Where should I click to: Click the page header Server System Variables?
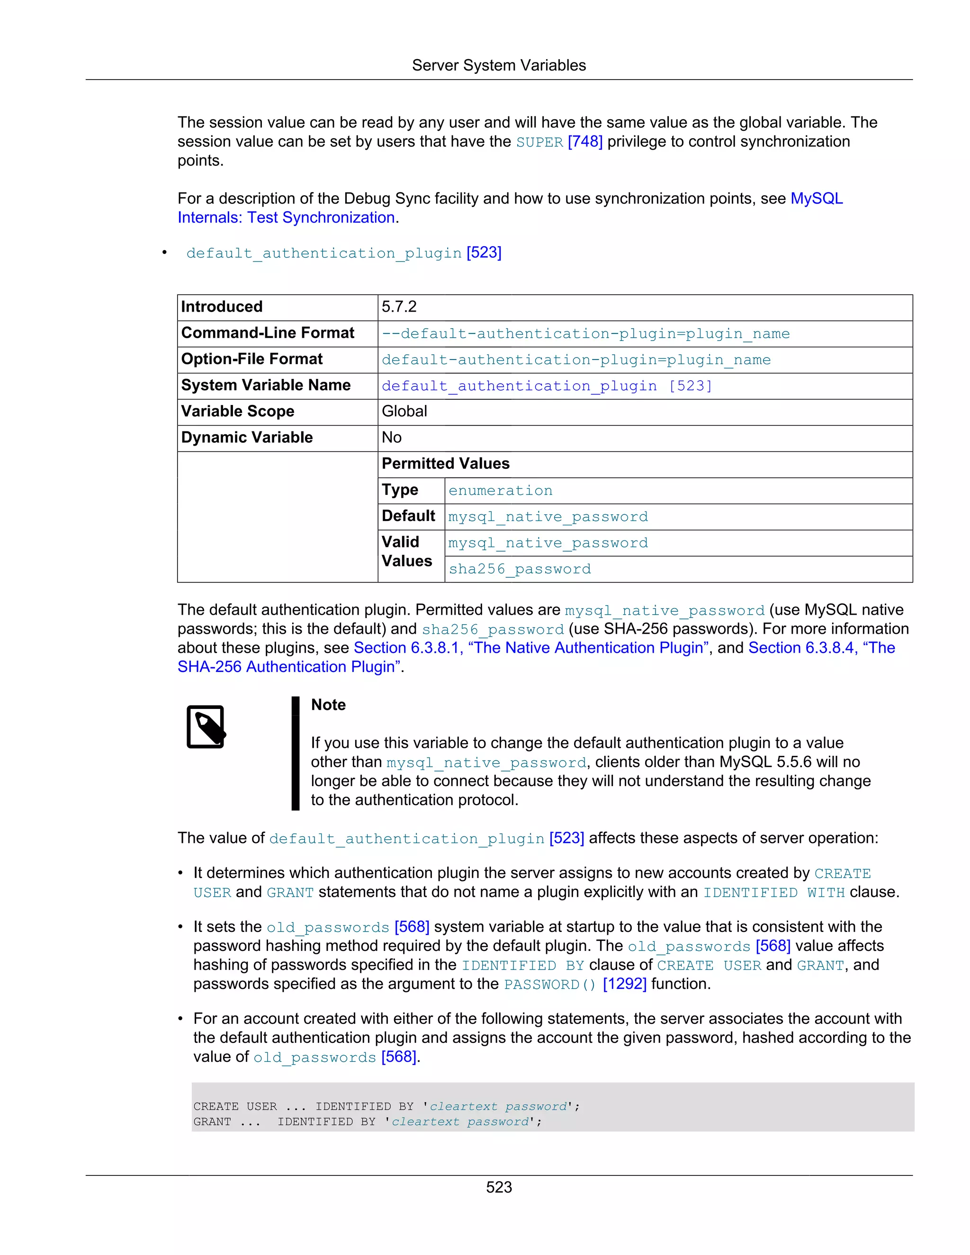[498, 65]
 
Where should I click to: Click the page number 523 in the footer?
[498, 1187]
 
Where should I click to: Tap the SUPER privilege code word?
[539, 143]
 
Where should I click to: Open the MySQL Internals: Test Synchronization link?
[286, 218]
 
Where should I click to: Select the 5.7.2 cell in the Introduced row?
[399, 307]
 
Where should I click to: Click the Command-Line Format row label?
[268, 333]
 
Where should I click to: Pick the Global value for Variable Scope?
[404, 412]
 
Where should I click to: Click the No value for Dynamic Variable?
[391, 438]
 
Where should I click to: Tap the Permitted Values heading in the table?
[445, 464]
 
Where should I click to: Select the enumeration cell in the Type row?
[500, 491]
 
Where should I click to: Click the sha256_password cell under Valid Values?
[520, 569]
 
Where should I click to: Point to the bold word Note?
[328, 705]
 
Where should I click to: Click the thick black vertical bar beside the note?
[296, 753]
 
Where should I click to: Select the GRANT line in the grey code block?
[367, 1121]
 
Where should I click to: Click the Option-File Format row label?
[251, 359]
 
